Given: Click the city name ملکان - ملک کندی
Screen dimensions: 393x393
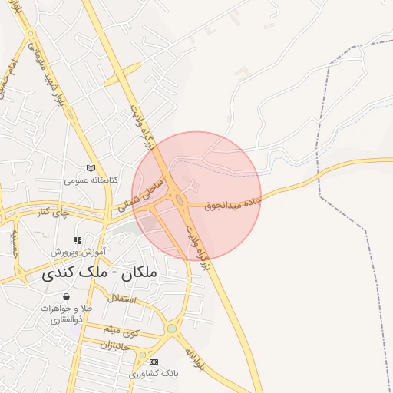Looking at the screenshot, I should pyautogui.click(x=96, y=272).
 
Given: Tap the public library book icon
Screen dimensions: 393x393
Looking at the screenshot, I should pyautogui.click(x=91, y=167).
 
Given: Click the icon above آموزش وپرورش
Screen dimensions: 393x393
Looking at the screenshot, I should pyautogui.click(x=78, y=240).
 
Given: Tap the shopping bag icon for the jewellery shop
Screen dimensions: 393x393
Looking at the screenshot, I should pyautogui.click(x=67, y=296).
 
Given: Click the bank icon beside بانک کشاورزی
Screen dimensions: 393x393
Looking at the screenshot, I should pyautogui.click(x=154, y=362).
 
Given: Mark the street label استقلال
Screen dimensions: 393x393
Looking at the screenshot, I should pyautogui.click(x=122, y=298).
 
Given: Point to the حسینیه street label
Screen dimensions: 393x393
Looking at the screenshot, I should pyautogui.click(x=14, y=243).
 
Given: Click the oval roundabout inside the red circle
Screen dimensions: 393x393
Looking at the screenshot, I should pyautogui.click(x=180, y=200).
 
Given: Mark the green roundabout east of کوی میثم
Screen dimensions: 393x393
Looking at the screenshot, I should pyautogui.click(x=171, y=329).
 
